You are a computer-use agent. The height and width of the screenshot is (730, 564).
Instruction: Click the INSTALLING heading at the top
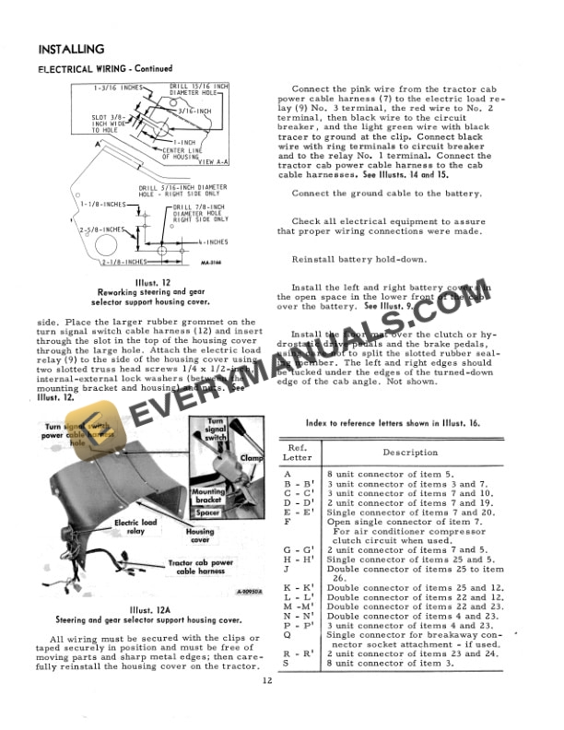pos(70,49)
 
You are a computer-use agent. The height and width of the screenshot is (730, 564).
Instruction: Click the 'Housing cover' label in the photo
pos(200,536)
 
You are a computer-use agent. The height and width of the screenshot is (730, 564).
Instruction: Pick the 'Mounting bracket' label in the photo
pos(207,497)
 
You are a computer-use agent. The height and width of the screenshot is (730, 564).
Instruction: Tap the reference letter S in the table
pos(289,661)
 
